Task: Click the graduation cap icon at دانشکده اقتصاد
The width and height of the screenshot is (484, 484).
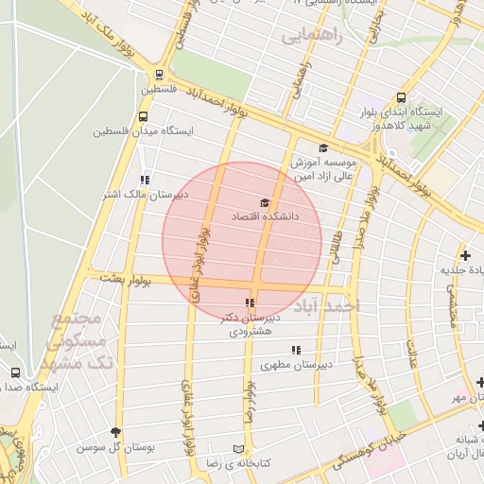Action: [x=265, y=203]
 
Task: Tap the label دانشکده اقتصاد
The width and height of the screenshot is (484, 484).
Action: [x=265, y=217]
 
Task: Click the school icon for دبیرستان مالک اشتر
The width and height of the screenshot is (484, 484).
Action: [x=144, y=180]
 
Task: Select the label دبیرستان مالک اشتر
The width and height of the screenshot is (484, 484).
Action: [x=144, y=195]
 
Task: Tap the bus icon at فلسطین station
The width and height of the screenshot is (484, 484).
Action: [x=160, y=76]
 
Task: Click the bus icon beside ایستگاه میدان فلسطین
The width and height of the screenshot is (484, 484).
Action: [x=143, y=116]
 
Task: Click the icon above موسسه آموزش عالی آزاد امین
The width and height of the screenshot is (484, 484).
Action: [x=323, y=147]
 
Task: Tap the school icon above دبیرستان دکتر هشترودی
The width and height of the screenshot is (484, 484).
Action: [x=250, y=303]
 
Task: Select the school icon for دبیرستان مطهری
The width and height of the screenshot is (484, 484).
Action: [x=296, y=350]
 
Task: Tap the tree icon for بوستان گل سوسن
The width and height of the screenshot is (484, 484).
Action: [x=116, y=432]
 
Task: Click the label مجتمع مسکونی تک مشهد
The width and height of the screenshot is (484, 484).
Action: [x=81, y=341]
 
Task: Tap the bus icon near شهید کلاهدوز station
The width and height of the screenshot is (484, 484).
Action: [x=402, y=97]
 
